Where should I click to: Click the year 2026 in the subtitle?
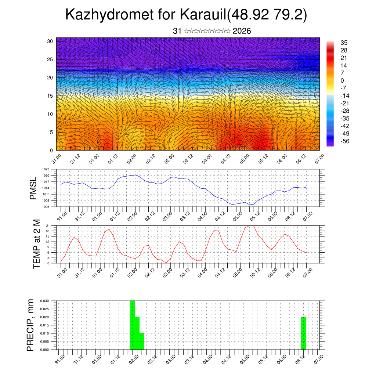(242, 31)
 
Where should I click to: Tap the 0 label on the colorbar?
(342, 80)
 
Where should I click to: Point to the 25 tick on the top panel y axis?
(50, 59)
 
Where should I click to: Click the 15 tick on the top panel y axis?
(50, 96)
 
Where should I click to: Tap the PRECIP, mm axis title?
(30, 325)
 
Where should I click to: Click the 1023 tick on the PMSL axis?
(46, 169)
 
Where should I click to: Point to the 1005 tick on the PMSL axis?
(46, 207)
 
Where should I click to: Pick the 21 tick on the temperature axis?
(48, 225)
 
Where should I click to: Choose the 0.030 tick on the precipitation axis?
(45, 301)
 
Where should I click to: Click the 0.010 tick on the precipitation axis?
(45, 333)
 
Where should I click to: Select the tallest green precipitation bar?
(133, 325)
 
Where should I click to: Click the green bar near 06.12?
(303, 333)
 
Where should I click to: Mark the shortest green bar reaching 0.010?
(142, 341)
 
